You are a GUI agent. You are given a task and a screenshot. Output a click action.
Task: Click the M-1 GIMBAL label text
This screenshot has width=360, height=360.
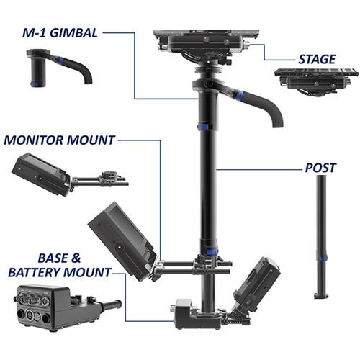click(x=60, y=33)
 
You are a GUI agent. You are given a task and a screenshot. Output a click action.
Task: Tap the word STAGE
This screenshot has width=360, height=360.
click(x=317, y=59)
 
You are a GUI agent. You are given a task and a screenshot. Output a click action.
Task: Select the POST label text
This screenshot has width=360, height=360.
click(x=320, y=168)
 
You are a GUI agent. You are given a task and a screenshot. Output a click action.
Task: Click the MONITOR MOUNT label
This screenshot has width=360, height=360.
click(x=60, y=140)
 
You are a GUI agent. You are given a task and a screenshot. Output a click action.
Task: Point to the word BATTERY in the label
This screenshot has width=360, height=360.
click(x=35, y=272)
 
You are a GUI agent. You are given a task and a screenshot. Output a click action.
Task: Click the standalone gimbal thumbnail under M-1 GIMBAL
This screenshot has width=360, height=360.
click(x=59, y=66)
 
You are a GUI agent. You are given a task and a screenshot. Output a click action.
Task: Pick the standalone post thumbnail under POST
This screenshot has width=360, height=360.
click(x=322, y=237)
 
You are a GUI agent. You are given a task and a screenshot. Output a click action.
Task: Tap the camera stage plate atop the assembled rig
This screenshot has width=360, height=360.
click(x=206, y=40)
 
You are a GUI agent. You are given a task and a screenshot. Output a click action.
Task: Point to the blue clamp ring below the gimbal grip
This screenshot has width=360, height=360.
click(x=205, y=127)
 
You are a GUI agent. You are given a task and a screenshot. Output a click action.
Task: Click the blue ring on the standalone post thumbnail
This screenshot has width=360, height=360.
click(x=323, y=258)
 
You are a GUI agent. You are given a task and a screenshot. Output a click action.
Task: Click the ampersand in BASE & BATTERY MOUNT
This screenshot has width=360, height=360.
click(x=76, y=258)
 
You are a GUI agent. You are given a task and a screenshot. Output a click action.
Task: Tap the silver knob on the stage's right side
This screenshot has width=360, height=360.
click(x=247, y=44)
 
